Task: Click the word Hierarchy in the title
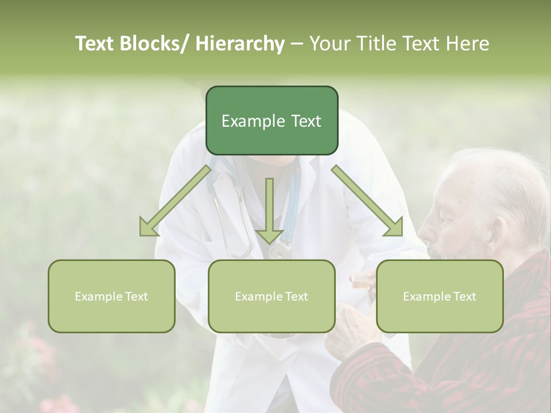pos(240,44)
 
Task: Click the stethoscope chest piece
pos(280,251)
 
